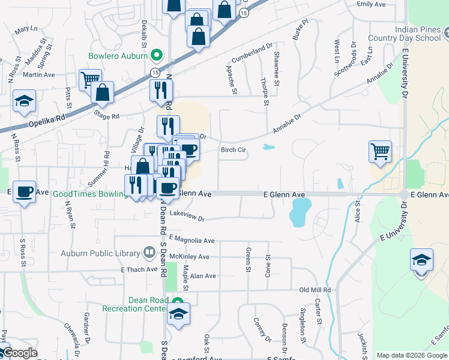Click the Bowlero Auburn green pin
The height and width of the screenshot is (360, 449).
[157, 56]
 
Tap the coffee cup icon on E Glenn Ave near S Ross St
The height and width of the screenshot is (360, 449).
[24, 192]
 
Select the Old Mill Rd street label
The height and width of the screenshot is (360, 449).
[315, 290]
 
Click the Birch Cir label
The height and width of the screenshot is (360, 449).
[234, 150]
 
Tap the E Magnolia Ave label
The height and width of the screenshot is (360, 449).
[191, 241]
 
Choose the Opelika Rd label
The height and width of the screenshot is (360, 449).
[46, 124]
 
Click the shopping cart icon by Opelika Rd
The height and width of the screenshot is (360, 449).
[89, 79]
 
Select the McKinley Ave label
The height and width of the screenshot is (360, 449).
[189, 257]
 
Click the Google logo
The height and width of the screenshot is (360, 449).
[19, 353]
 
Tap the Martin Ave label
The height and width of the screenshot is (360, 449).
[39, 75]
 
